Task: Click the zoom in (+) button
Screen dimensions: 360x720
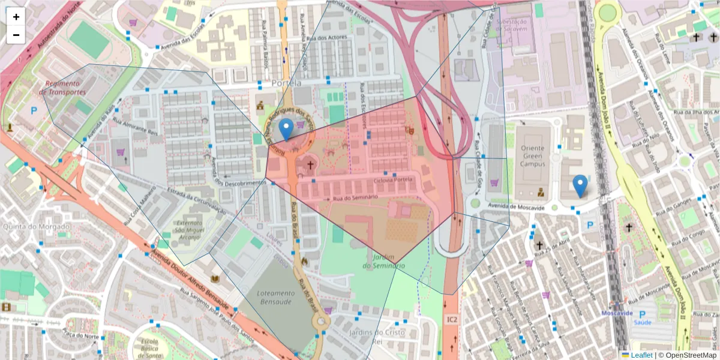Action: coord(16,17)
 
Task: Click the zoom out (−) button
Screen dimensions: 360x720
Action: coord(16,35)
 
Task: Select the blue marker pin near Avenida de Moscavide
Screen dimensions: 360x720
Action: coord(580,185)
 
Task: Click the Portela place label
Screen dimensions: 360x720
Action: coord(286,83)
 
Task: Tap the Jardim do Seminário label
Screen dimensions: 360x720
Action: coord(384,262)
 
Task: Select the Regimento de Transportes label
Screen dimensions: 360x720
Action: coord(64,88)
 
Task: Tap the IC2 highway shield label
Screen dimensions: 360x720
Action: coord(452,320)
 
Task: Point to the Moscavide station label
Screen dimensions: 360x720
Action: coord(617,313)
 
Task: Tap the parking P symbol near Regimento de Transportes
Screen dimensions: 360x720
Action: coord(34,110)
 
